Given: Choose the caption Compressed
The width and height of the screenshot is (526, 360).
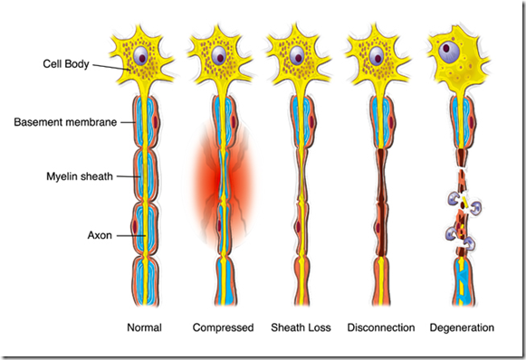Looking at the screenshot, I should [x=223, y=327].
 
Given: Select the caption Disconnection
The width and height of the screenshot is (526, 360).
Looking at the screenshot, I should [x=381, y=327].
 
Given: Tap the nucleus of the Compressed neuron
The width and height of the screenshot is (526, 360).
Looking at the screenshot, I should [x=220, y=56].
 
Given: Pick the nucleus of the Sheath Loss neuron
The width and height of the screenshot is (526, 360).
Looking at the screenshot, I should [x=297, y=56].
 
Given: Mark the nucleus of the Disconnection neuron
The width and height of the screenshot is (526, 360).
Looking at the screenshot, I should [x=374, y=56].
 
